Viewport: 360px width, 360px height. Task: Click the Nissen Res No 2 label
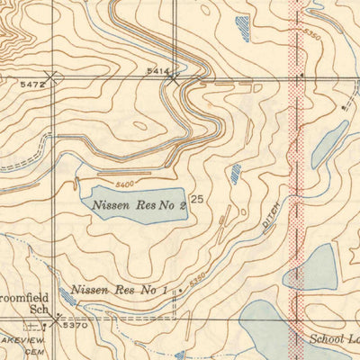139,204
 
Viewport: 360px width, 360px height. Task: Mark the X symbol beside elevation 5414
173,78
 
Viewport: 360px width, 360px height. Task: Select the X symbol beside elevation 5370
58,317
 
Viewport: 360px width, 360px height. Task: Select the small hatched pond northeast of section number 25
235,174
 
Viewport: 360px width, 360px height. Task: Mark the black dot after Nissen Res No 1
180,291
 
